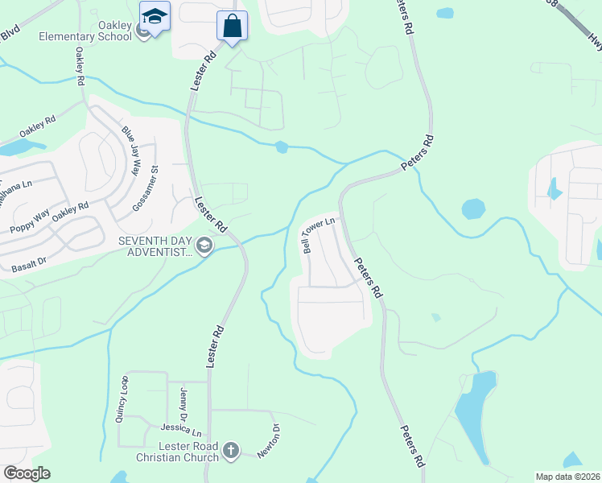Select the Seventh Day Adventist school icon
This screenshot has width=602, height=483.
point(205,246)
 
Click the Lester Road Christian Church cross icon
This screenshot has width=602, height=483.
point(231,450)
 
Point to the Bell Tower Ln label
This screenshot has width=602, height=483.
point(318,235)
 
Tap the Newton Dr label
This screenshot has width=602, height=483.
point(268,440)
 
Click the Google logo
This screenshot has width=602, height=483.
point(27,473)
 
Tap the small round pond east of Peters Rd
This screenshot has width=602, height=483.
point(473,209)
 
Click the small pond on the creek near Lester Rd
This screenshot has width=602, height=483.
point(281,147)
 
